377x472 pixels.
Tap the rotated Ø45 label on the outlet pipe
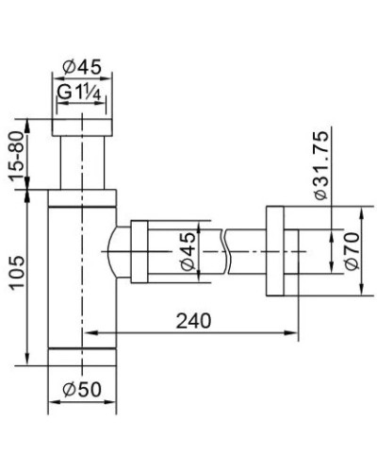tap(188, 252)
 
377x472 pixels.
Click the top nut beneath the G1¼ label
tap(82, 128)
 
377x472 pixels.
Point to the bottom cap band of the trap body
tap(82, 356)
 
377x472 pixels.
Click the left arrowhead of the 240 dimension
tap(90, 331)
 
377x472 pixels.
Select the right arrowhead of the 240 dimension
tap(294, 331)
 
